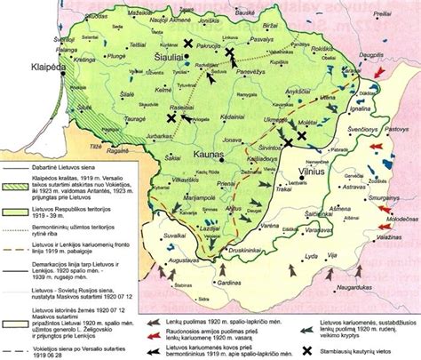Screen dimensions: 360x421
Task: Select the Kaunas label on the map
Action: click(210, 155)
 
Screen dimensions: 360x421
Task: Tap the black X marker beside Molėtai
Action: click(303, 135)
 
